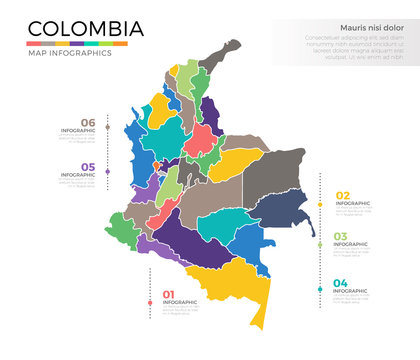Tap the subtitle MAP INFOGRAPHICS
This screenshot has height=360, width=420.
click(69, 53)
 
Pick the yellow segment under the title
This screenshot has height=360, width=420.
click(63, 44)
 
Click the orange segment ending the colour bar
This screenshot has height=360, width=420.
click(120, 44)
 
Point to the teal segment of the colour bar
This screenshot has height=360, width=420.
click(92, 44)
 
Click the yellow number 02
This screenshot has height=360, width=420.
click(342, 196)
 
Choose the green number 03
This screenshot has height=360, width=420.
click(341, 236)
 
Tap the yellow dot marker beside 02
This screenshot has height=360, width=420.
click(320, 204)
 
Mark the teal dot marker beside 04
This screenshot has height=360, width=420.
click(320, 289)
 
